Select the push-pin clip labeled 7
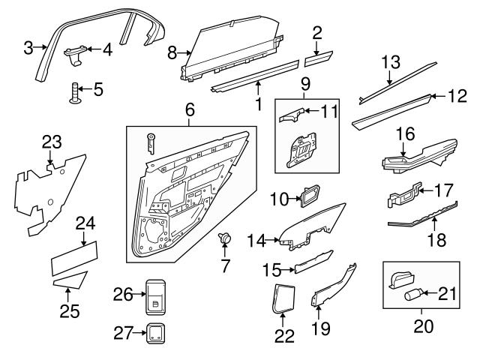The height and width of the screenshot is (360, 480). (x=224, y=238)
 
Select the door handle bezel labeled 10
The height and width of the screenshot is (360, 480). (x=309, y=196)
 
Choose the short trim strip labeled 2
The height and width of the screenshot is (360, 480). (x=318, y=54)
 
